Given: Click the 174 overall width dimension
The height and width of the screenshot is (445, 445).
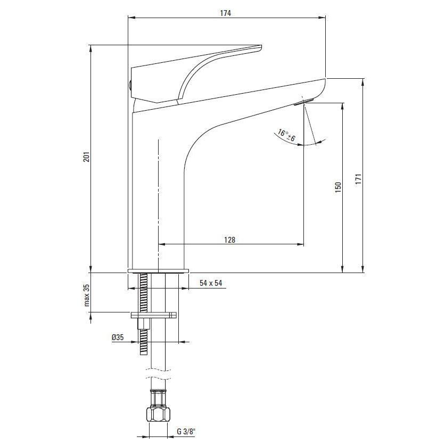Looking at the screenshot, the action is click(226, 13).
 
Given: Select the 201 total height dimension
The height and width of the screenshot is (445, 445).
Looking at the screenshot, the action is click(86, 156).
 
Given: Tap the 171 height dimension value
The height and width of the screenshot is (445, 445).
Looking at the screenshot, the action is click(358, 179).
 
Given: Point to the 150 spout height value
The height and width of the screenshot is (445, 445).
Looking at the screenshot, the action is click(338, 187).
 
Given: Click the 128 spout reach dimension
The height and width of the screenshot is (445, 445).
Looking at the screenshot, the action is click(229, 240).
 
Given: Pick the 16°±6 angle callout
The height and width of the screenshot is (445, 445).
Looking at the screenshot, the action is click(286, 135).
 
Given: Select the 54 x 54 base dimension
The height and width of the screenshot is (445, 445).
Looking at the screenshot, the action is click(211, 283).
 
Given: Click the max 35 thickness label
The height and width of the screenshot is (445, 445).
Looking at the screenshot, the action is click(87, 295).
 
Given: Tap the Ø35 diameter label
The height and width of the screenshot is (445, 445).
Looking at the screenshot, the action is click(118, 337).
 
